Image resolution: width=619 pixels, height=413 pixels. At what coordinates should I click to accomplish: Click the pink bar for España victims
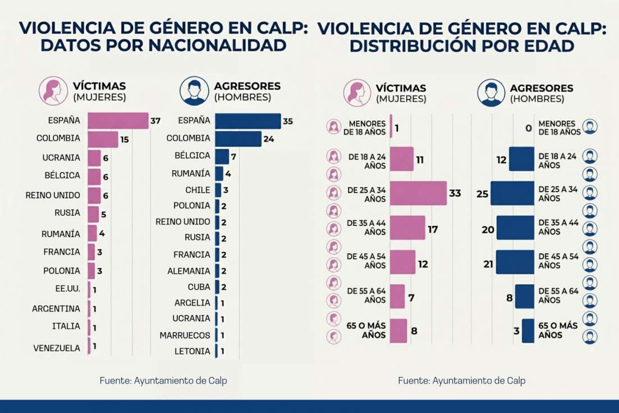coord(118,121)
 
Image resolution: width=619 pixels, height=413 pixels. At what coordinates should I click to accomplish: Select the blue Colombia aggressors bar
coord(238,138)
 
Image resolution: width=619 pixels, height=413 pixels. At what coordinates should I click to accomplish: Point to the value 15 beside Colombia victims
coord(125,139)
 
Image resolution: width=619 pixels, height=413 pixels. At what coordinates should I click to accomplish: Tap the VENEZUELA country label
coord(56,348)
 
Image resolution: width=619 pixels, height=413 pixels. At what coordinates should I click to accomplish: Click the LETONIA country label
coord(192,351)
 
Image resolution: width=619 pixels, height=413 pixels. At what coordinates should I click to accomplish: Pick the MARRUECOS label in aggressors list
coord(185,335)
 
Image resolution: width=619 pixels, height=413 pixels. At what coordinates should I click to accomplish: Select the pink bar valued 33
coord(418,193)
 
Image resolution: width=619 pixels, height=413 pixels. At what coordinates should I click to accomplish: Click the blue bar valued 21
coord(515,262)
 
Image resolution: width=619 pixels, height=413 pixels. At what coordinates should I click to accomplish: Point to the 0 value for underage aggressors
coord(528,128)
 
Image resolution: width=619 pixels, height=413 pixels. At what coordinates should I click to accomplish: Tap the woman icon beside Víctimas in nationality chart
coord(53,91)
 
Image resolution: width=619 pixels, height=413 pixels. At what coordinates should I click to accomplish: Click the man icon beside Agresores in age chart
coord(491,93)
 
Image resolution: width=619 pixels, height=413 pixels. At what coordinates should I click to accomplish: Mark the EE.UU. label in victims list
coord(68,289)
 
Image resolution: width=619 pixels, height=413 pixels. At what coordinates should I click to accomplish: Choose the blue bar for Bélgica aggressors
coord(222,156)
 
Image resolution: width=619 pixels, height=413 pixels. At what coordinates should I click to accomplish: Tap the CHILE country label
coord(198,190)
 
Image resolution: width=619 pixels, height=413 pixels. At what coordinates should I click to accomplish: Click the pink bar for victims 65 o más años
coord(398,330)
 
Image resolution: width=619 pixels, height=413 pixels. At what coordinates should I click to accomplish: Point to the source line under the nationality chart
coord(163,380)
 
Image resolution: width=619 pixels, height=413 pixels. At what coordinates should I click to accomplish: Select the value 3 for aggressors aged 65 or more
coord(516,331)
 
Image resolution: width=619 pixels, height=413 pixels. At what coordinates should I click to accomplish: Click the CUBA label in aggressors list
coord(198,287)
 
